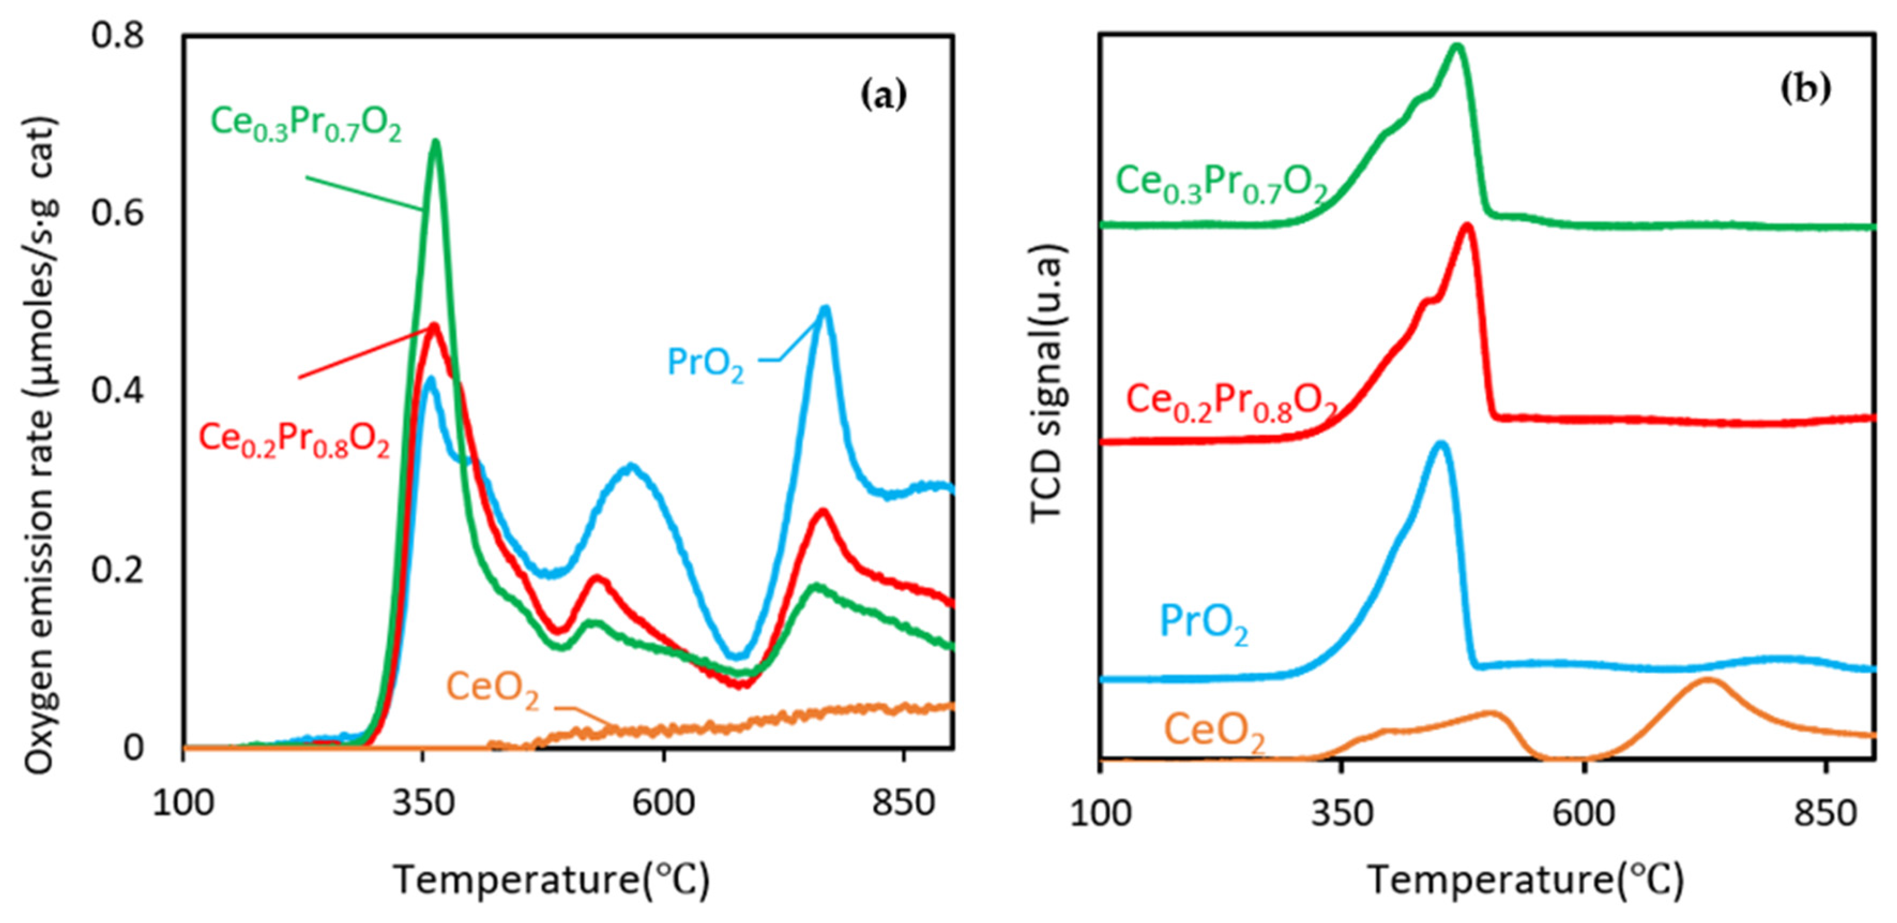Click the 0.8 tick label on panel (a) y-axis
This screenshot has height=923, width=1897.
pos(117,35)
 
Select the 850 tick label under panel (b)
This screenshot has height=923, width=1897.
pos(1825,814)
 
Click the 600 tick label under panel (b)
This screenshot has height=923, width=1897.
pos(1583,814)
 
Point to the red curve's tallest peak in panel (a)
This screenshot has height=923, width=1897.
pos(434,325)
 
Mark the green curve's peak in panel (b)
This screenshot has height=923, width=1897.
pos(1456,67)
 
